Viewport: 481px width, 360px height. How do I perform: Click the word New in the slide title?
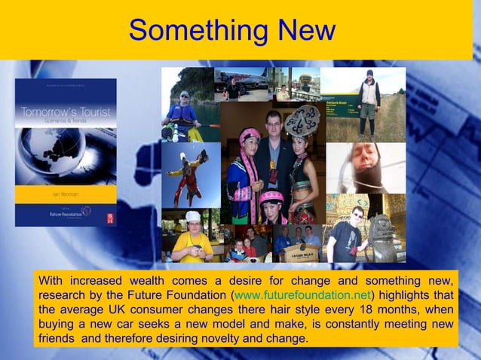coord(296,31)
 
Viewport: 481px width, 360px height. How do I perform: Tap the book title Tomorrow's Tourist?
coord(66,114)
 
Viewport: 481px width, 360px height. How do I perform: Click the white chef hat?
coord(191,217)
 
